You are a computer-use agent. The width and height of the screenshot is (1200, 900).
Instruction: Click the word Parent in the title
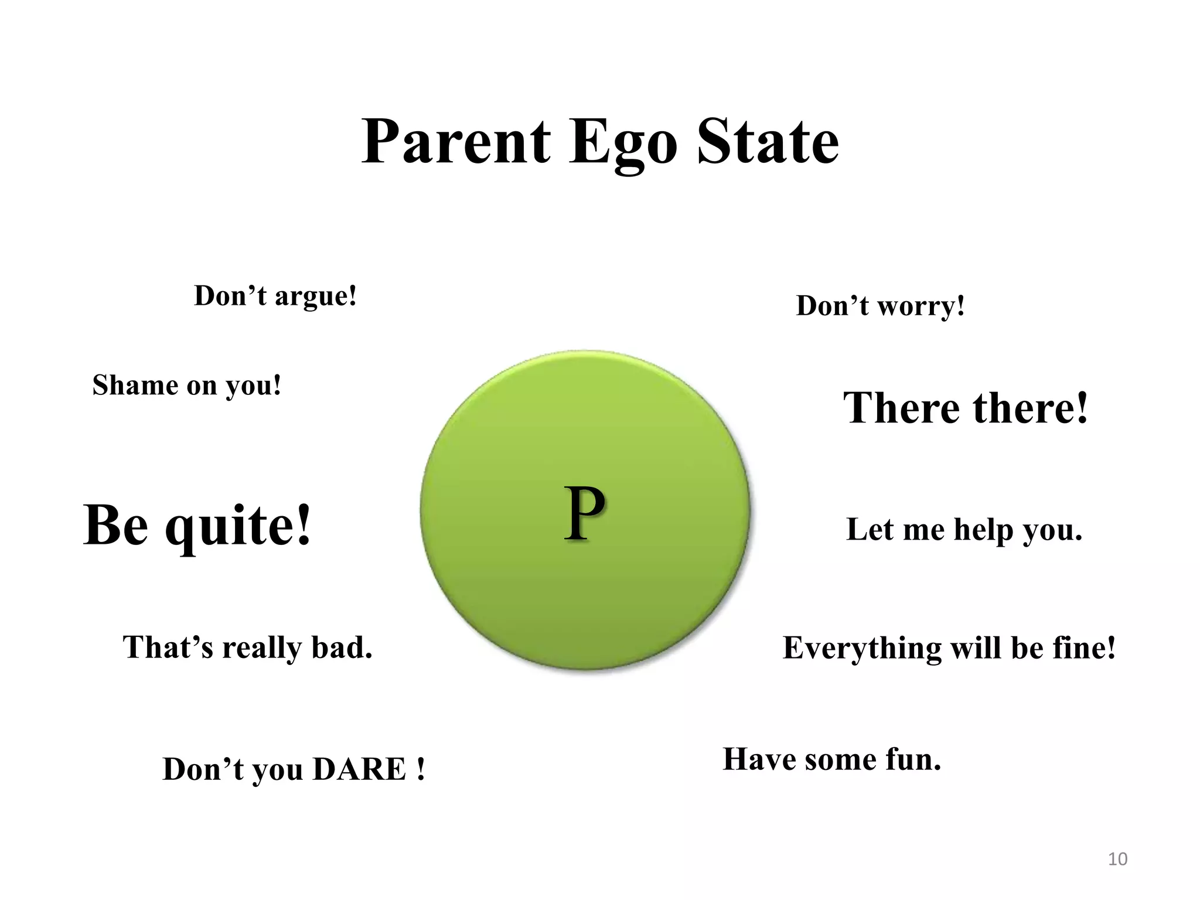pyautogui.click(x=456, y=142)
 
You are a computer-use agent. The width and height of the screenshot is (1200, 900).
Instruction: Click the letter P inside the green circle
pyautogui.click(x=584, y=514)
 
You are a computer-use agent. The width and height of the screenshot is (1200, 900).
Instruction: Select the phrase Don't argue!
pyautogui.click(x=275, y=296)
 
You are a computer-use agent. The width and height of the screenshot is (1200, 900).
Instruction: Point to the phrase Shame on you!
pyautogui.click(x=187, y=386)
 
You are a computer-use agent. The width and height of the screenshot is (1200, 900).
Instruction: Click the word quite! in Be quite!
pyautogui.click(x=237, y=526)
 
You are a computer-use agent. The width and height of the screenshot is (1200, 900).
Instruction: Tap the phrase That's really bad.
pyautogui.click(x=247, y=647)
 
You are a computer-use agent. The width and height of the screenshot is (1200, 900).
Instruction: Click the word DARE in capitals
pyautogui.click(x=360, y=769)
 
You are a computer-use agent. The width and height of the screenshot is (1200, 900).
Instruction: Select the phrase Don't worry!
pyautogui.click(x=880, y=306)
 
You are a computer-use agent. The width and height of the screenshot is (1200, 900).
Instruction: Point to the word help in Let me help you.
pyautogui.click(x=984, y=530)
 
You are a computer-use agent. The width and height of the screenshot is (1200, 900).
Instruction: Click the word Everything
pyautogui.click(x=861, y=649)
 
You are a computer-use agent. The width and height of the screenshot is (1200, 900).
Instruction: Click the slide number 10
pyautogui.click(x=1117, y=859)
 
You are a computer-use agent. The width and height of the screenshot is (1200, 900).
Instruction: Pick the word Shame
pyautogui.click(x=135, y=386)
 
